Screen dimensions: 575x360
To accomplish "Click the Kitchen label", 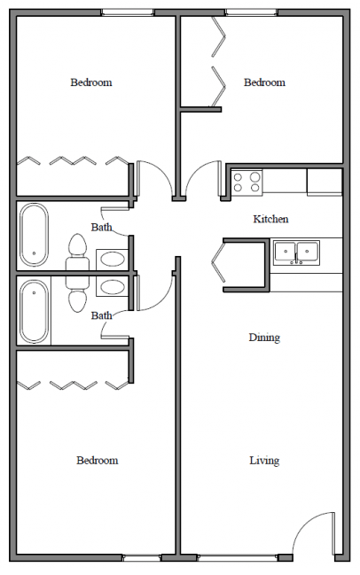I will tap(270, 219).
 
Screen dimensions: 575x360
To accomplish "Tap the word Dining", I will tap(264, 338).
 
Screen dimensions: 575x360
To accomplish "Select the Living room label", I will tap(264, 461).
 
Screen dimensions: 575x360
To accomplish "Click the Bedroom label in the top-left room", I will tap(91, 82).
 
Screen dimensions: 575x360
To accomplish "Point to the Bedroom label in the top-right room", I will tap(264, 82).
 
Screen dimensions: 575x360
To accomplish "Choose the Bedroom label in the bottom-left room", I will tap(97, 461).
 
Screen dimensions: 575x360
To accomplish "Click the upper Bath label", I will tap(101, 228).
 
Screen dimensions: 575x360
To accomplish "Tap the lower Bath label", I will tap(101, 315).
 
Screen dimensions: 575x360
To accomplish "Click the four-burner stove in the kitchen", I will tap(247, 182).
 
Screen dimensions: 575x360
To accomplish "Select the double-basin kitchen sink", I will tap(296, 253).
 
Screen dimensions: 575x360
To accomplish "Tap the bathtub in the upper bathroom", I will tap(35, 235).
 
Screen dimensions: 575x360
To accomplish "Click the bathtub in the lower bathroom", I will tap(35, 311).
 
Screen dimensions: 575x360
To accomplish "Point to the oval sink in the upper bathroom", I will tap(112, 260).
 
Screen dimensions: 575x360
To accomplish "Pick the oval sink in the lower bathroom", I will tap(112, 287).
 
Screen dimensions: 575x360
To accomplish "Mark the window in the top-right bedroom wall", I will tap(252, 12).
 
